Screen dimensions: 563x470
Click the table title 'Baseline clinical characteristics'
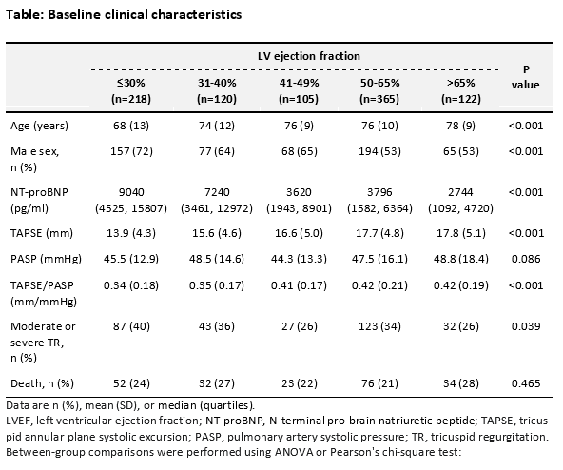pos(145,14)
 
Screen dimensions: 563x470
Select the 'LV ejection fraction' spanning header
pos(309,56)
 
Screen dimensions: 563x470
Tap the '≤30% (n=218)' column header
pos(131,91)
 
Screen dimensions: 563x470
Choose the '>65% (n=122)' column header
pos(461,91)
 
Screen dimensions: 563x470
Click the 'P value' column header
pos(526,77)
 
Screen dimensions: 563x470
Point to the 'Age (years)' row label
pos(39,126)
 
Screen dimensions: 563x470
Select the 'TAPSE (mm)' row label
pos(42,233)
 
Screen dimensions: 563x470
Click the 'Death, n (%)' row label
pos(42,383)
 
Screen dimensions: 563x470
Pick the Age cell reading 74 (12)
pos(217,126)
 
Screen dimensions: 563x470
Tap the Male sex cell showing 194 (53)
pos(379,151)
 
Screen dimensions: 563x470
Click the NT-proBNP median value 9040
pos(131,192)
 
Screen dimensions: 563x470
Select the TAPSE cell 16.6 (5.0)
pos(299,233)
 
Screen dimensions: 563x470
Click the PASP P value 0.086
pos(526,259)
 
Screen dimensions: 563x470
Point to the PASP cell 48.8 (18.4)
pos(461,259)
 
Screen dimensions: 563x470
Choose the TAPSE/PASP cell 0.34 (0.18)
pos(131,285)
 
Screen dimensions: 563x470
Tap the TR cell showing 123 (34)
pos(379,326)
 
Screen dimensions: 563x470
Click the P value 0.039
pos(526,326)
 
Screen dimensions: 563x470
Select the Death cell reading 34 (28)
pos(461,383)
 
